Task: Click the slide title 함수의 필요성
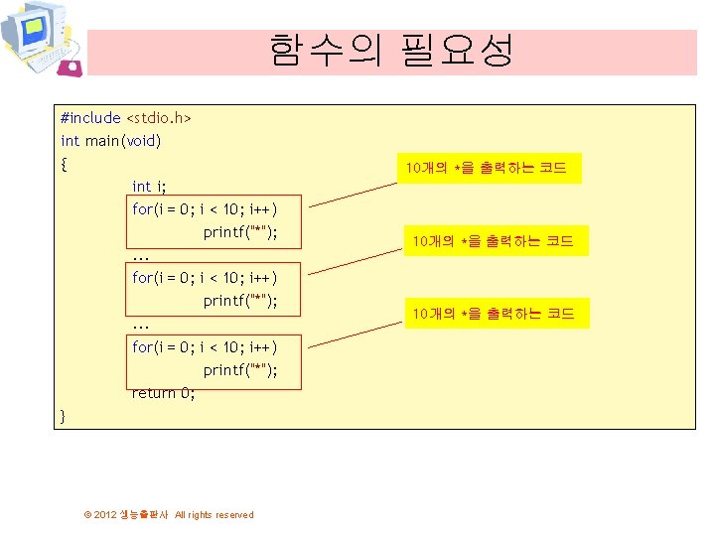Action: coord(391,51)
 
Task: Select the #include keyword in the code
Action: coord(90,118)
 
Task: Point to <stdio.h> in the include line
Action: coord(158,118)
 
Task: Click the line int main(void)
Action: coord(110,141)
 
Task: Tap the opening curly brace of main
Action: coord(65,164)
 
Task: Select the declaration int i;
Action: coord(149,187)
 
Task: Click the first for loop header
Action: coord(204,209)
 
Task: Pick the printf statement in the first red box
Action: coord(239,232)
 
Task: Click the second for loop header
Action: coord(204,278)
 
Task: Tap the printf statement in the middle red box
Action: coord(239,301)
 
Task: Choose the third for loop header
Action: coord(204,347)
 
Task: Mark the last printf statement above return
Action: coord(239,370)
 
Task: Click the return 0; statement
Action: coord(164,393)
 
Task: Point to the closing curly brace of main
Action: coord(64,416)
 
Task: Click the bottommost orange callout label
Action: coord(494,314)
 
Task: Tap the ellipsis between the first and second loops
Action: coord(140,256)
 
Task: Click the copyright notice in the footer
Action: coord(169,514)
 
